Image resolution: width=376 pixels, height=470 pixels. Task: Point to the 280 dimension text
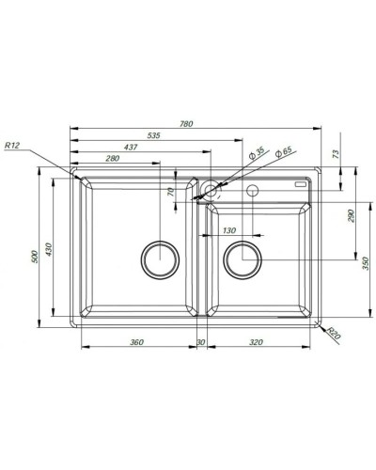point(112,159)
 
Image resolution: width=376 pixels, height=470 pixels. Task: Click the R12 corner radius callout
point(12,146)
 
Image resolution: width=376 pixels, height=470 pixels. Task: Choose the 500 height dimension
point(35,255)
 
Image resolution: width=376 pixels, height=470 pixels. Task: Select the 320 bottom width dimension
point(256,342)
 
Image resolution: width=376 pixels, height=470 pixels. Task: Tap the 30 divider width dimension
point(200,342)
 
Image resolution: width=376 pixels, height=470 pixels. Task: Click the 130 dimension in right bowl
point(228,230)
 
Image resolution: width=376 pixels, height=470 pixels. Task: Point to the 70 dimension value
point(171,191)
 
